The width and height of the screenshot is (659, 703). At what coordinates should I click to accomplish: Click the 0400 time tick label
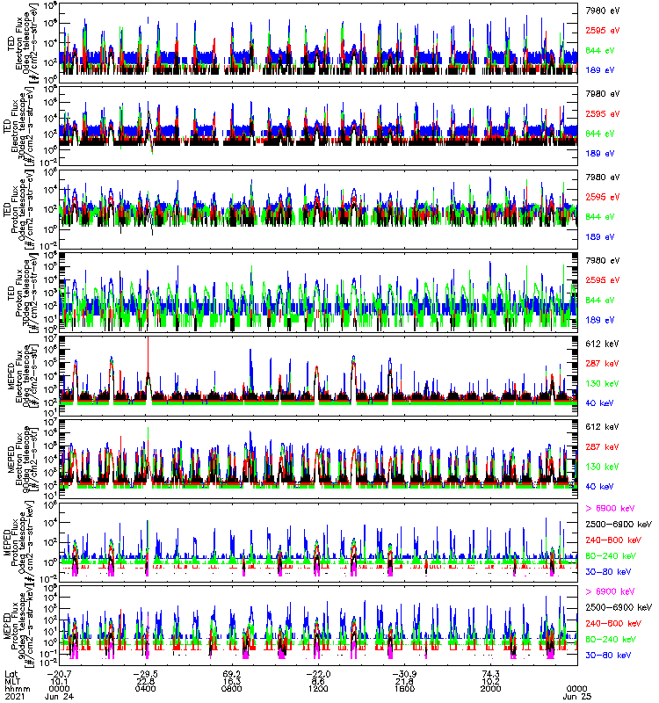pos(146,689)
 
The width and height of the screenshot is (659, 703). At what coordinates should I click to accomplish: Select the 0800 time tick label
pos(232,689)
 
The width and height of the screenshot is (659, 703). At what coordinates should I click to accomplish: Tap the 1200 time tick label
pos(318,689)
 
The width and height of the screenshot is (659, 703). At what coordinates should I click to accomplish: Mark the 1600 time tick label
pos(404,689)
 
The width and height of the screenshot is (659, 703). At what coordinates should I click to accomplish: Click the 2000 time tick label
pos(490,689)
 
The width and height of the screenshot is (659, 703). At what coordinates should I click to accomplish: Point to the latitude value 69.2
pos(232,671)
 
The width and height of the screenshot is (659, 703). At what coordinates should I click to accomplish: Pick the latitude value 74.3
pos(490,671)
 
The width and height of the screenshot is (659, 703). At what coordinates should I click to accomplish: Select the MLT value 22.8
pos(146,680)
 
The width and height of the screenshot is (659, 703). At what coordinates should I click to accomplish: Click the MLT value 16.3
pos(232,680)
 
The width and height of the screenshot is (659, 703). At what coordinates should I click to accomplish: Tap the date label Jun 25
pos(576,697)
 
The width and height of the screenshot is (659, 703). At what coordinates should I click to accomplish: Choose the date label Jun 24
pos(60,697)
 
